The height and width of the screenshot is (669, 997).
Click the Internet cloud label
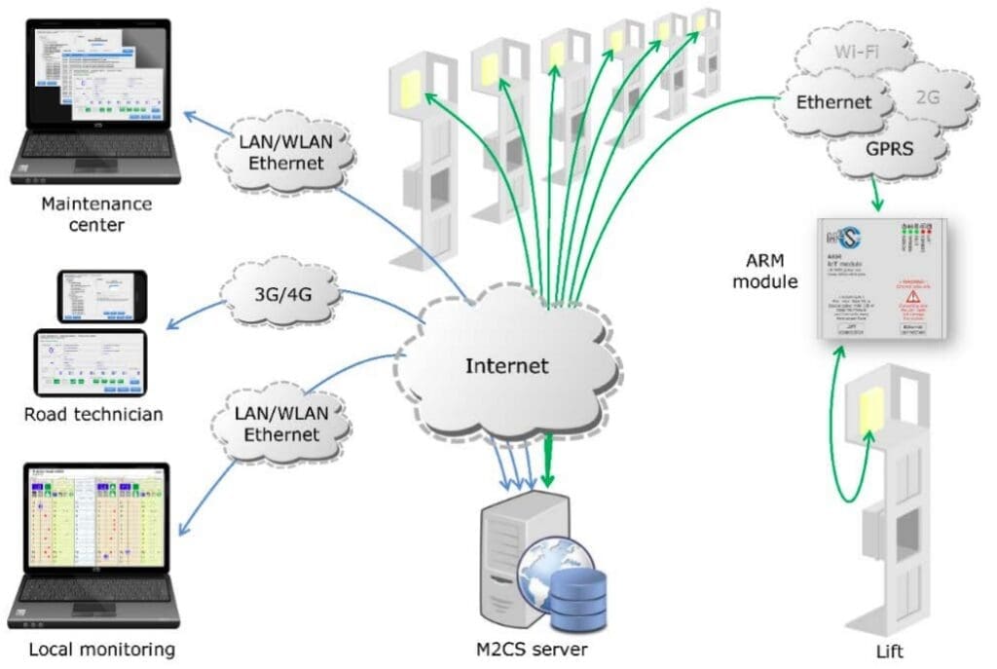[x=506, y=367]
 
